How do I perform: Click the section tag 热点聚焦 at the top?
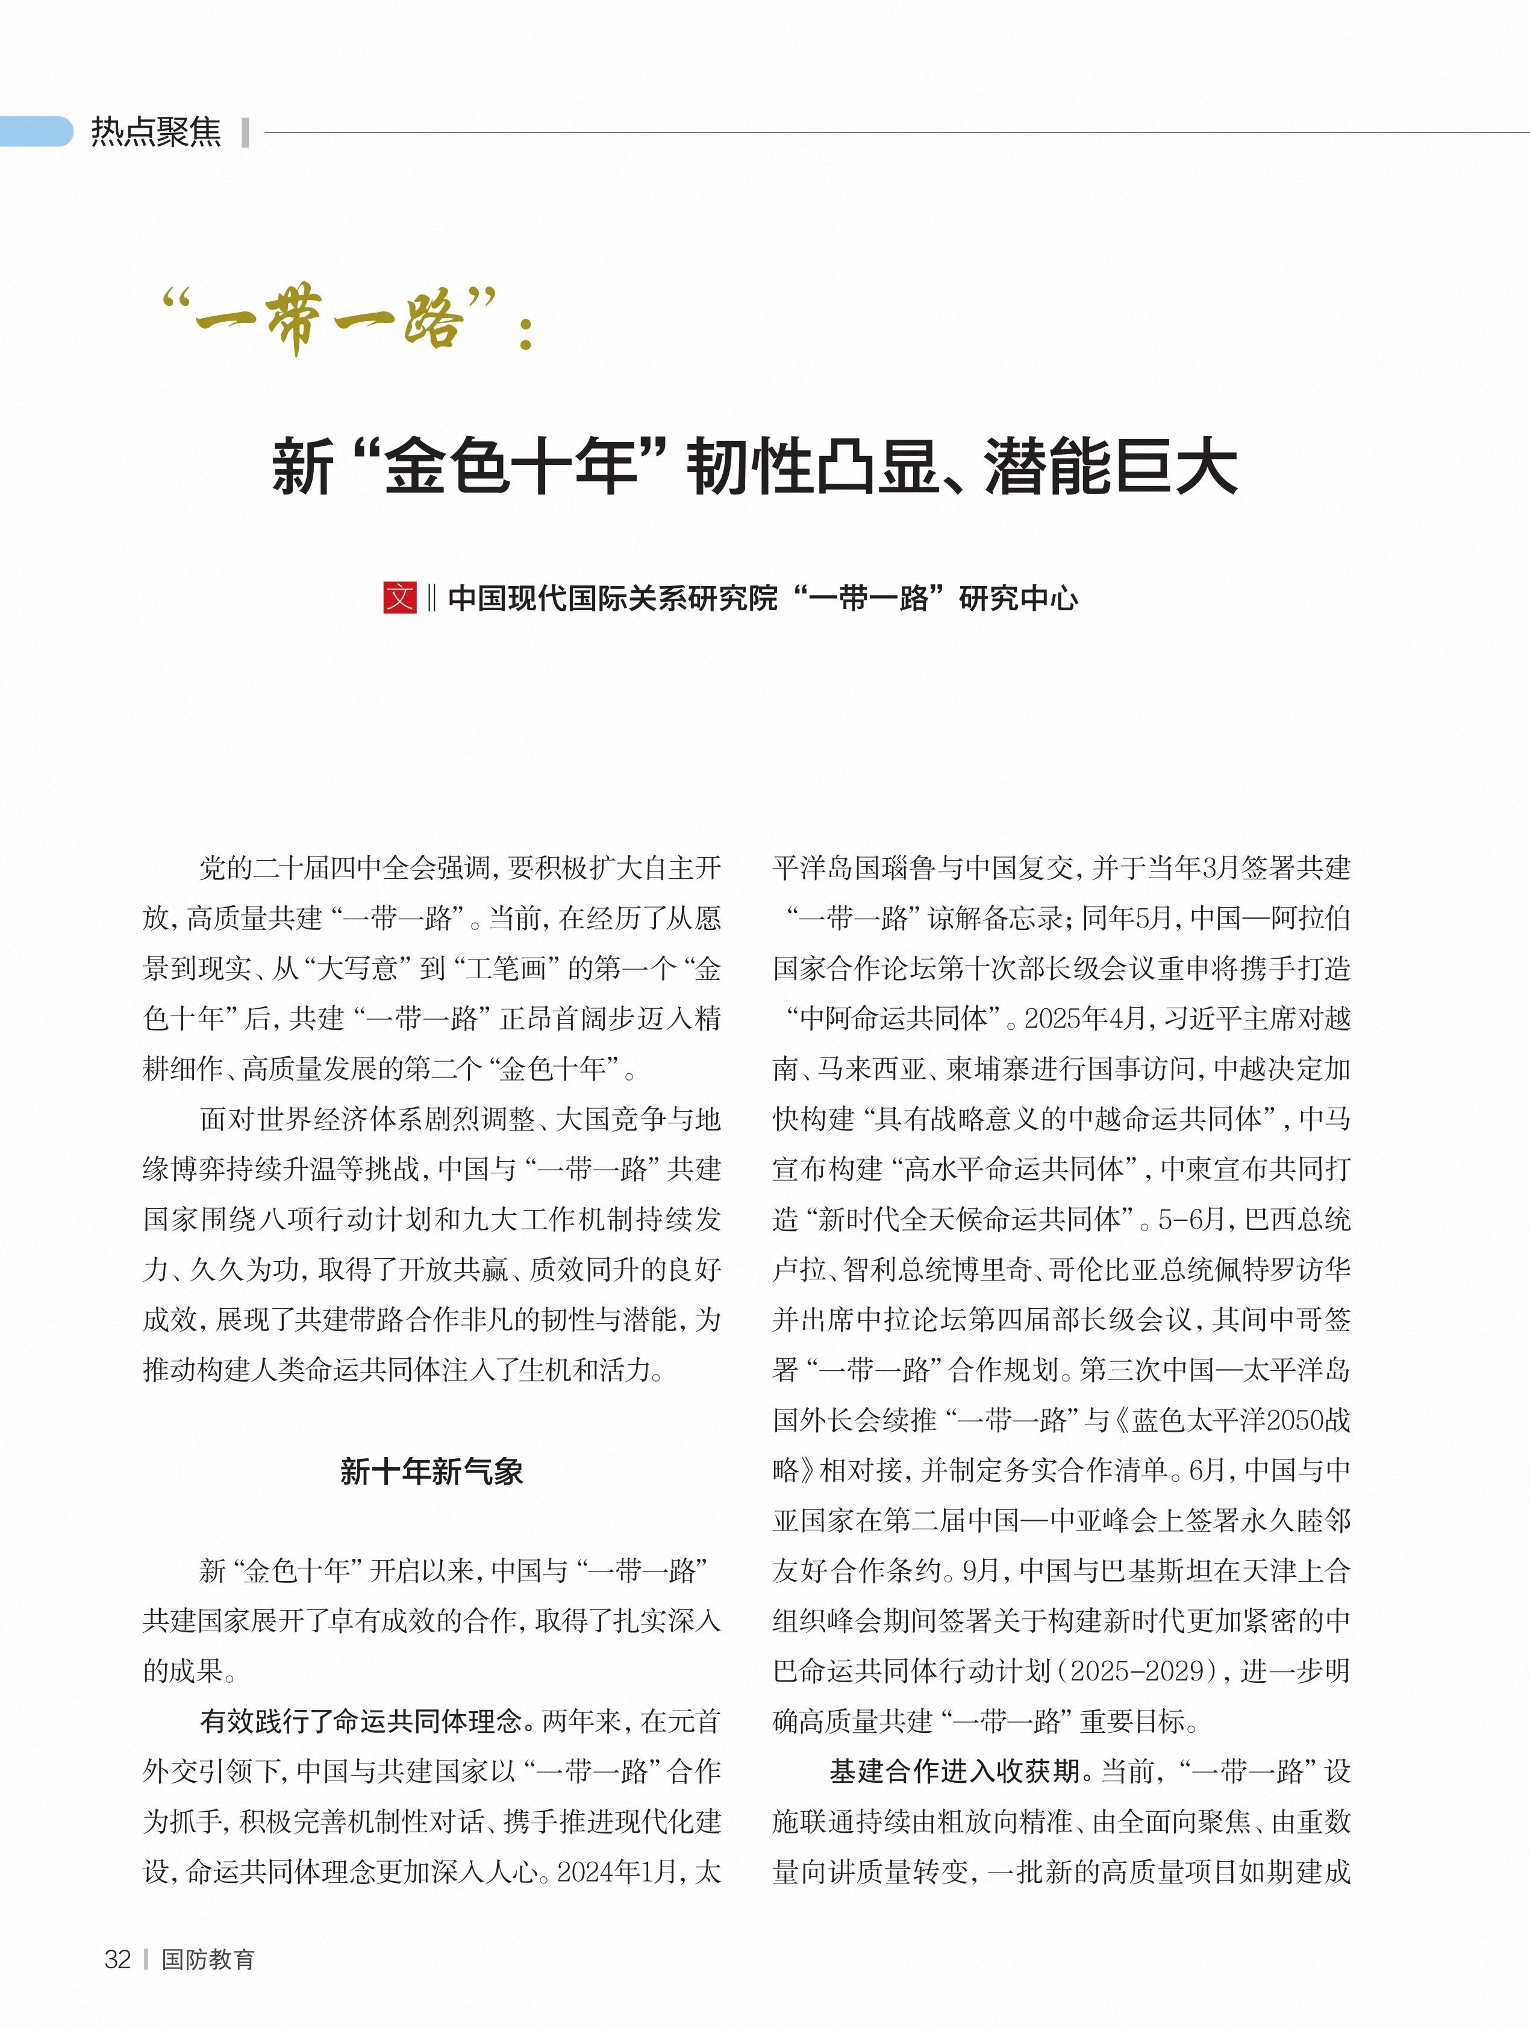156,132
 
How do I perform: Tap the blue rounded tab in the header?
36,132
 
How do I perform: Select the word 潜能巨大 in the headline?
1111,467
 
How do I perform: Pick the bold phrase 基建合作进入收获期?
954,1771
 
